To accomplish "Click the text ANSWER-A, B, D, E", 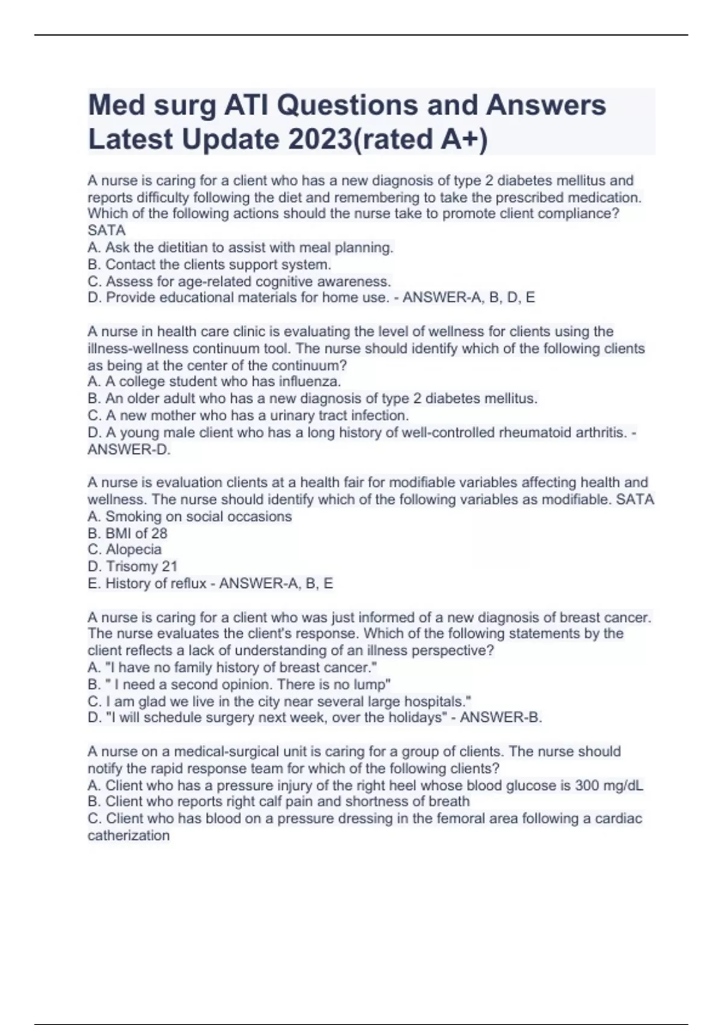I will click(468, 297).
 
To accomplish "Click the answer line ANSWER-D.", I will click(129, 450).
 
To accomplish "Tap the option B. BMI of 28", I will click(127, 533).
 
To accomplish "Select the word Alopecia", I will click(133, 549).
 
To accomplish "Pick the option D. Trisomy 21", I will click(132, 566).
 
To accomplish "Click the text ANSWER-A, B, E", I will click(276, 583).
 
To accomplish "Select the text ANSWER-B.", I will click(501, 717).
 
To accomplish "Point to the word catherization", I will click(128, 835).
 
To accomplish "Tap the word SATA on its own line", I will click(107, 230).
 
